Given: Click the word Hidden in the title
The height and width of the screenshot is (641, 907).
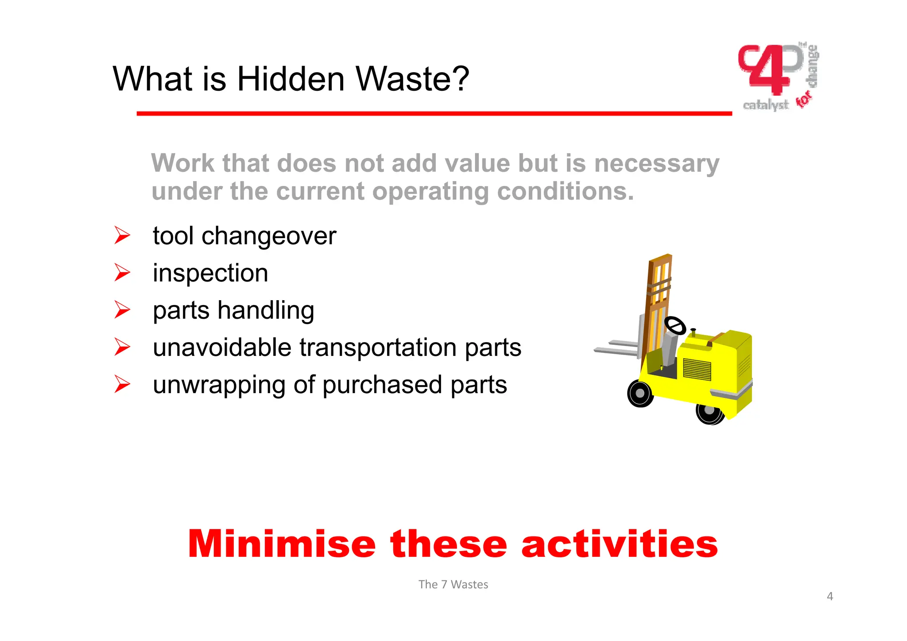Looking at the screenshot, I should click(291, 79).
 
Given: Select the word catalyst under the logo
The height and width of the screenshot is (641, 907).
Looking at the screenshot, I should click(765, 105).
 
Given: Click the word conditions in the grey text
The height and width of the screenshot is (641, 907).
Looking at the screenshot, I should click(566, 191).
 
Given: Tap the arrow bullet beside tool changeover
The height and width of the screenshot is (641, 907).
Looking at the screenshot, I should click(122, 235).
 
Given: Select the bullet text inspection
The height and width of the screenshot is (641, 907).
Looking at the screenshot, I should click(210, 273).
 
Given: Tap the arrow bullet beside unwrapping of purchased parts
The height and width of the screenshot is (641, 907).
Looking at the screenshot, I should click(122, 384).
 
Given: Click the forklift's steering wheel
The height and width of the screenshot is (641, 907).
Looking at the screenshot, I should click(675, 326).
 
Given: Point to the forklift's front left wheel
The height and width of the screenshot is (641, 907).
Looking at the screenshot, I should click(640, 394).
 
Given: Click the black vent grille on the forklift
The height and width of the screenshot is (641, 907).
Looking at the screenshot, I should click(697, 369).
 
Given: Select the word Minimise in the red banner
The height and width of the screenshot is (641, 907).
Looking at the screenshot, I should click(282, 544).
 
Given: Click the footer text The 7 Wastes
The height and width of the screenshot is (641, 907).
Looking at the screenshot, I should click(453, 584).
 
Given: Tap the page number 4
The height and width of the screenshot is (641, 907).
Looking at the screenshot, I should click(829, 596).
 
